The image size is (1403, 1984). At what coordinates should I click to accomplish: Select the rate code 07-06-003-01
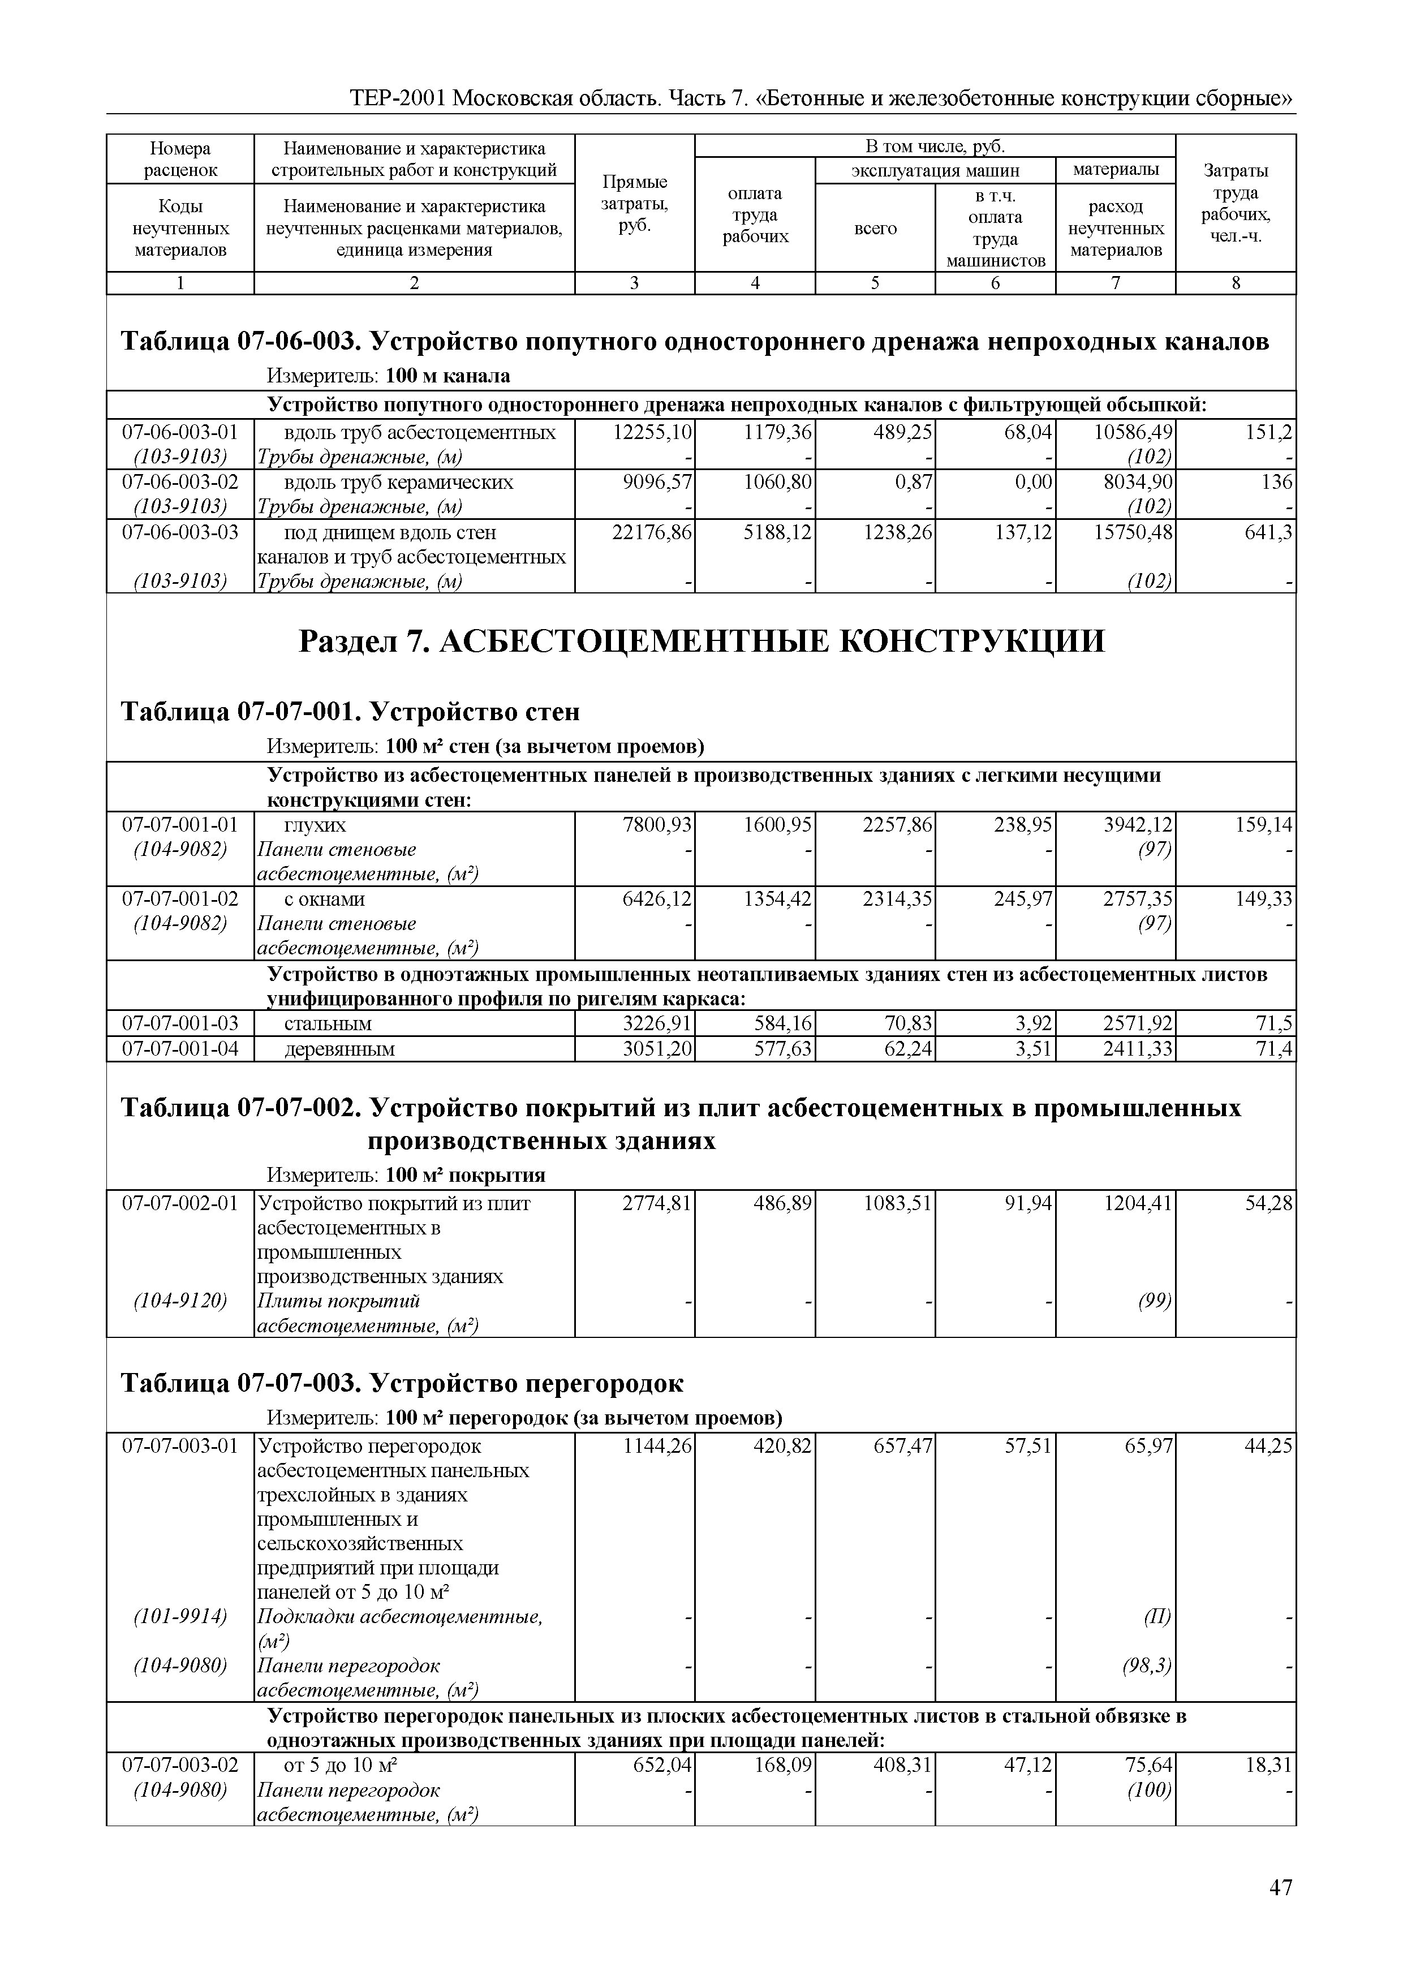[x=180, y=433]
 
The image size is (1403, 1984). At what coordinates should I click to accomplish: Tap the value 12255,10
[x=652, y=433]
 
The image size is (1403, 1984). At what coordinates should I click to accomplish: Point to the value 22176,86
[x=652, y=532]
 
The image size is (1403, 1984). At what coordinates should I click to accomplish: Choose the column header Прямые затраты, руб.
[x=634, y=204]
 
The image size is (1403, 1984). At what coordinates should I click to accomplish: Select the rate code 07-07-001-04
[x=180, y=1049]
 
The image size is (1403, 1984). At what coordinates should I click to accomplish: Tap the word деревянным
[x=339, y=1049]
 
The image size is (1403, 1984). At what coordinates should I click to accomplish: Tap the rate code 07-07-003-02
[x=180, y=1764]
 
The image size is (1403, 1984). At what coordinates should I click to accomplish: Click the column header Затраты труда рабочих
[x=1236, y=204]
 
